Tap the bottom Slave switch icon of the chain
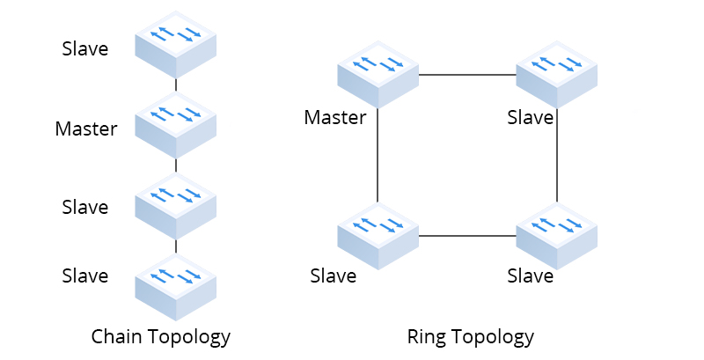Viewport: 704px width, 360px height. (176, 280)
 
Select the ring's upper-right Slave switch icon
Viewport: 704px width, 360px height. (556, 70)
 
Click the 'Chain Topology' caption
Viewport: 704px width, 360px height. (161, 336)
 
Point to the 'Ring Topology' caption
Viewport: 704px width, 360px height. (470, 336)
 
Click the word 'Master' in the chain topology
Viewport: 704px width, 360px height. (85, 129)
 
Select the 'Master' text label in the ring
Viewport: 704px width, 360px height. (334, 117)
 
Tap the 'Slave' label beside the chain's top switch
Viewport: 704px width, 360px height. (84, 49)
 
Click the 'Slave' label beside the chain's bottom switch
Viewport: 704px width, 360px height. (84, 276)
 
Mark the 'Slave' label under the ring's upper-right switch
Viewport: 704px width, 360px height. (530, 117)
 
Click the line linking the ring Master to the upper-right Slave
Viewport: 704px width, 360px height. (467, 76)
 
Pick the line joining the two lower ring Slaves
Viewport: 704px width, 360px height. (467, 236)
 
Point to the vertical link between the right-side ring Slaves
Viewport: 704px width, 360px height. (557, 158)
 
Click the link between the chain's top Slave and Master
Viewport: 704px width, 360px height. (176, 85)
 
